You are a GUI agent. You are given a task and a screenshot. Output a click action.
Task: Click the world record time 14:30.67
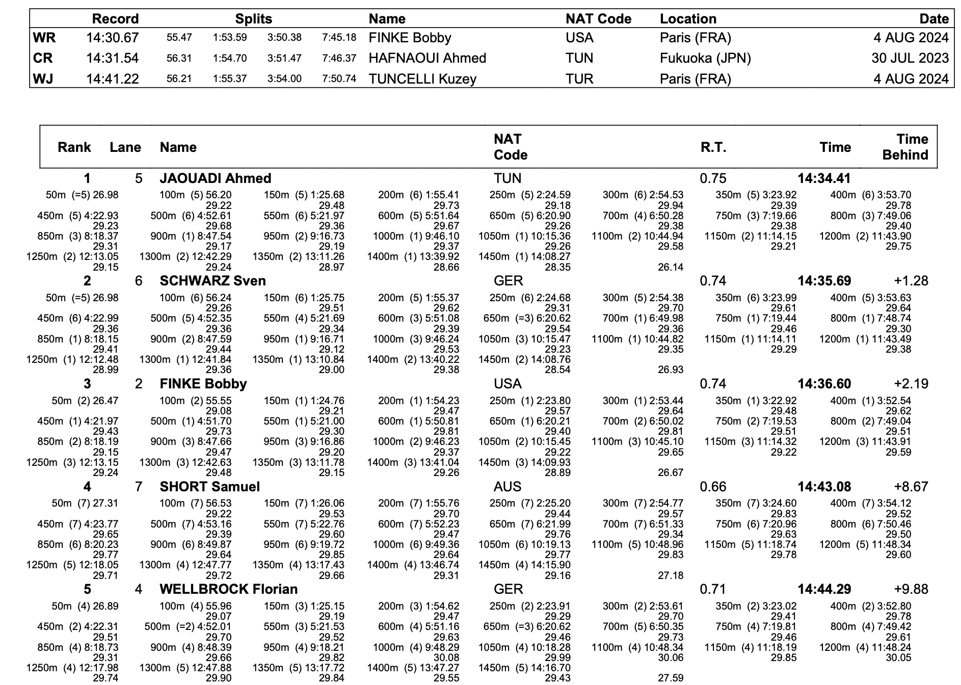(x=112, y=38)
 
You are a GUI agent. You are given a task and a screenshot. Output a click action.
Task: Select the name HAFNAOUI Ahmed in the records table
(x=427, y=58)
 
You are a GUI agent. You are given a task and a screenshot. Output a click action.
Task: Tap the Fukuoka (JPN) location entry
(x=705, y=58)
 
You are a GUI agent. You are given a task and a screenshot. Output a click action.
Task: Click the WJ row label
(x=43, y=79)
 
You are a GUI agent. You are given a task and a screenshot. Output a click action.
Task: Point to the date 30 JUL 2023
(x=910, y=58)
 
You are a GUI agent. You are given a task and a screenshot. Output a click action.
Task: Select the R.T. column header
(x=713, y=147)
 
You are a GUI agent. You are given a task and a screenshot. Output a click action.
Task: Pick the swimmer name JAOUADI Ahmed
(x=215, y=178)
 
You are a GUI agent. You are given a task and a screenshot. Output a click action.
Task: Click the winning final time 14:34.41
(x=824, y=178)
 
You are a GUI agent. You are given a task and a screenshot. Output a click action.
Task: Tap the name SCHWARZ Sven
(x=212, y=281)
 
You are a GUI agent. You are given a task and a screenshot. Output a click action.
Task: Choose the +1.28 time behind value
(x=911, y=281)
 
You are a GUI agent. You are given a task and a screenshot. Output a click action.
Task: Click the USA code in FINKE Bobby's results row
(x=508, y=384)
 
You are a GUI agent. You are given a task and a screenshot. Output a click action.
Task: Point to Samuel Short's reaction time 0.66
(x=713, y=487)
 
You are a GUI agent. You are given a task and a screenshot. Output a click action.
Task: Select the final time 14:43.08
(x=824, y=487)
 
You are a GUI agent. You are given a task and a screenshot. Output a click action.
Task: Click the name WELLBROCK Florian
(x=228, y=589)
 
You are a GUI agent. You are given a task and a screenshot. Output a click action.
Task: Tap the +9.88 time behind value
(x=911, y=589)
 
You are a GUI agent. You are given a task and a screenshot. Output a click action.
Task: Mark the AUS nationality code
(x=508, y=487)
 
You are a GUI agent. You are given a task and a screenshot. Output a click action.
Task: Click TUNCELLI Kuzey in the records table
(x=422, y=79)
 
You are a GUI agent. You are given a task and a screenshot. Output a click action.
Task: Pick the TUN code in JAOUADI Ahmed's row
(x=508, y=178)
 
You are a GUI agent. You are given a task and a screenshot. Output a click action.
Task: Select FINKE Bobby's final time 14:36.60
(x=824, y=384)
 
